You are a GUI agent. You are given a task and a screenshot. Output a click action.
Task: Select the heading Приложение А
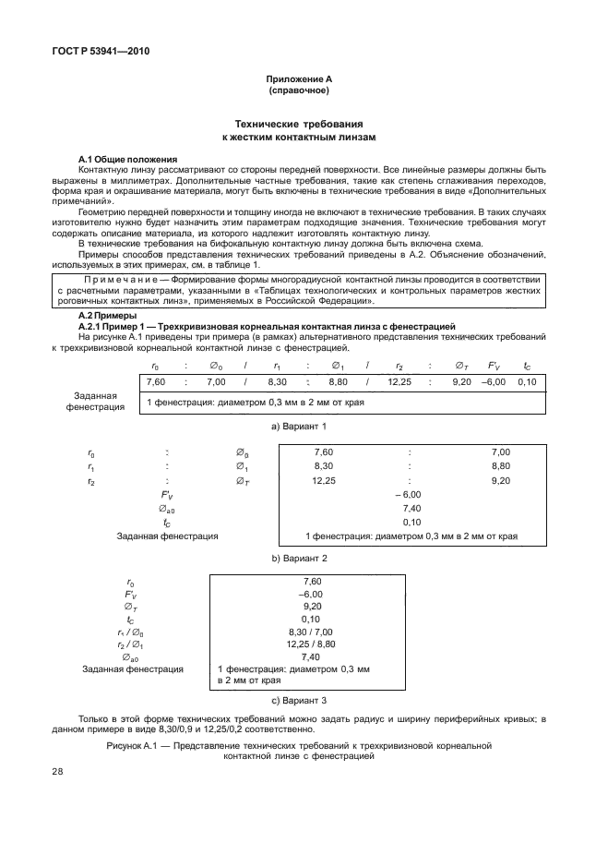click(298, 80)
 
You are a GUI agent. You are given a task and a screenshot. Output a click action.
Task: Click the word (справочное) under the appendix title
click(298, 91)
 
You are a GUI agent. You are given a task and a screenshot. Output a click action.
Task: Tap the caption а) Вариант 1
click(298, 427)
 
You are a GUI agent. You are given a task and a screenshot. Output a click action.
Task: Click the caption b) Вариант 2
click(298, 559)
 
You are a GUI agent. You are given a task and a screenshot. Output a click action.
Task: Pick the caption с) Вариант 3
click(298, 700)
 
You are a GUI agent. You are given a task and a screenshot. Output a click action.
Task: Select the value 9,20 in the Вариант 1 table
click(461, 381)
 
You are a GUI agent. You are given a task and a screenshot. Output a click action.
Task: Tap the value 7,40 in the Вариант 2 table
click(411, 508)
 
